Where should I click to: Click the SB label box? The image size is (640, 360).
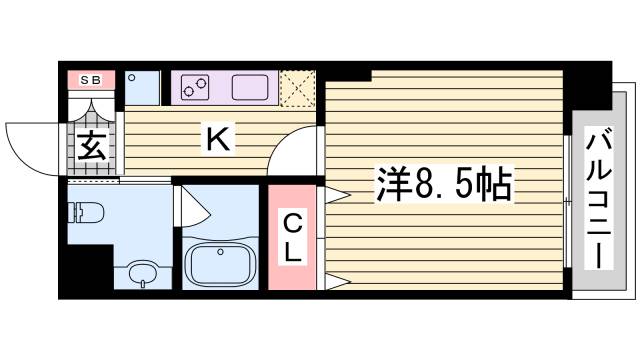point(91,79)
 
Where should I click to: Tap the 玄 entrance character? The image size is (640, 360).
point(90,148)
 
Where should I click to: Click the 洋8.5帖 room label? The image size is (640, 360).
point(444,183)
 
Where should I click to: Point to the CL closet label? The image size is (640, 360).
point(291,237)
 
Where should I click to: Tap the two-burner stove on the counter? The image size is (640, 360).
point(196,88)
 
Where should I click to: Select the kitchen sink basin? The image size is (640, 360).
point(252,88)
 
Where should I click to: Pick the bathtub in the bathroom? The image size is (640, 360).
point(219,265)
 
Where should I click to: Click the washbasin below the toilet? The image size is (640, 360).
point(143,273)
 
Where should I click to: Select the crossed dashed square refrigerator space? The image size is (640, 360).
point(297,87)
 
